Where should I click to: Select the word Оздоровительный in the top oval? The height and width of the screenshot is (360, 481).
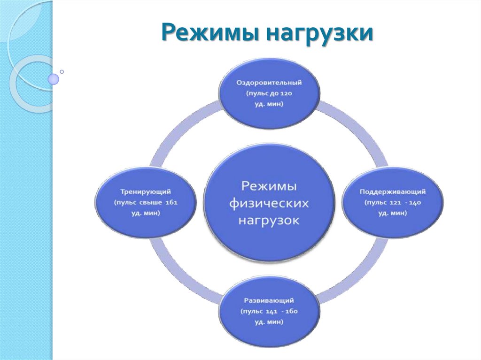pyautogui.click(x=270, y=83)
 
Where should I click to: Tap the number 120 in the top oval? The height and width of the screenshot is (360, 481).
pyautogui.click(x=286, y=93)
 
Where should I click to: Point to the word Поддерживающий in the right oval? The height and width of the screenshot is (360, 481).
pyautogui.click(x=393, y=192)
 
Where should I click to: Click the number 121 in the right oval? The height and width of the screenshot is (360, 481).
pyautogui.click(x=396, y=203)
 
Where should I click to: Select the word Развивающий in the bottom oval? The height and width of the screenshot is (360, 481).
pyautogui.click(x=270, y=300)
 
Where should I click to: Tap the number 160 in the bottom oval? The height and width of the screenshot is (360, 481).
pyautogui.click(x=292, y=311)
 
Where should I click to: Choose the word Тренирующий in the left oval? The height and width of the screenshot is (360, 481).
pyautogui.click(x=146, y=192)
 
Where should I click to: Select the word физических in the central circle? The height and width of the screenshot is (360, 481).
pyautogui.click(x=270, y=203)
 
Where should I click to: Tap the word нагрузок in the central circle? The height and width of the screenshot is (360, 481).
pyautogui.click(x=269, y=220)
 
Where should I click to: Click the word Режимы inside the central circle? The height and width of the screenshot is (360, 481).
pyautogui.click(x=269, y=186)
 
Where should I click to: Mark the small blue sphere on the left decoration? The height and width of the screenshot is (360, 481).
pyautogui.click(x=54, y=79)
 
